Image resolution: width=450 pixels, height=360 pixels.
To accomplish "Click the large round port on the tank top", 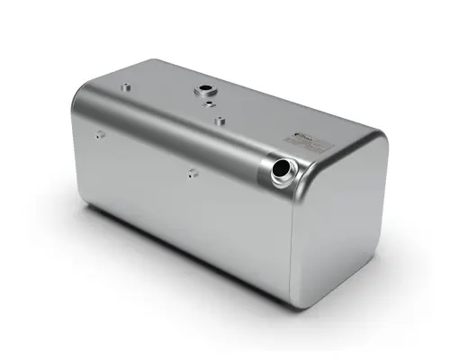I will click(x=204, y=90).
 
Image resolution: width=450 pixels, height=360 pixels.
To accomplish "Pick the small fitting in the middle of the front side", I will click(x=192, y=173).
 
